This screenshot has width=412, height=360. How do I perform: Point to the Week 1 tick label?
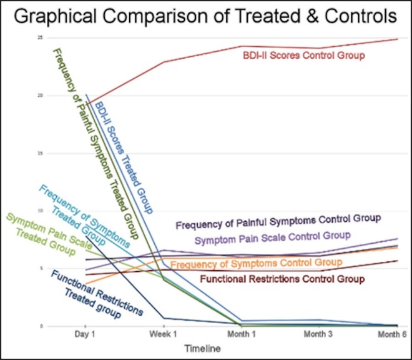164,335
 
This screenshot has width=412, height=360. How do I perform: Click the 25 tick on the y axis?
40,38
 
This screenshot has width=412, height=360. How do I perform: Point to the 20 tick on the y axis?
40,96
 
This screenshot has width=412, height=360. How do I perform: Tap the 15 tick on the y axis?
40,153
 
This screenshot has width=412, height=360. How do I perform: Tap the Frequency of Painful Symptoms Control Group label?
278,219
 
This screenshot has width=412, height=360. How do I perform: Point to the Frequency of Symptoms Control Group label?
256,263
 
